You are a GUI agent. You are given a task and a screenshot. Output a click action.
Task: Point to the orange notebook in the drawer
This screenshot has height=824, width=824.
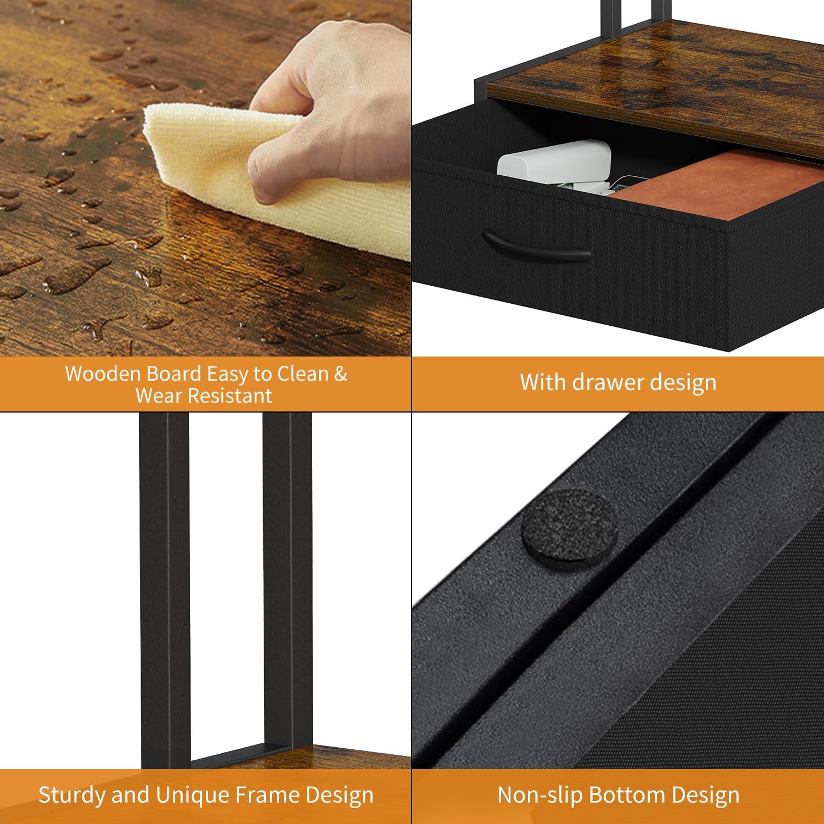(720, 187)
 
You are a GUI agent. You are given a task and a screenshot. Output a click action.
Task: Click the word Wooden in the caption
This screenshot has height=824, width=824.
(104, 374)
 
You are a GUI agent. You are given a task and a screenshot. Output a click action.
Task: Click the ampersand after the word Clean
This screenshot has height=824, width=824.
(340, 374)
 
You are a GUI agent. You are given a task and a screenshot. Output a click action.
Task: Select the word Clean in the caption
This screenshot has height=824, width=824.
(302, 374)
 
